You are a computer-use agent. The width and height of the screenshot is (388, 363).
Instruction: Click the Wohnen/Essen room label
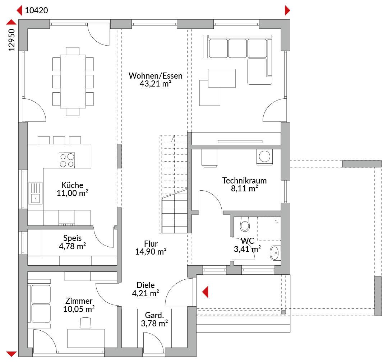coord(156,76)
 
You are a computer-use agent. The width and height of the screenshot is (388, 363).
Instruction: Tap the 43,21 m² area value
coord(156,84)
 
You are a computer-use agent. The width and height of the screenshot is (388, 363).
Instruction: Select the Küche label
coord(72,185)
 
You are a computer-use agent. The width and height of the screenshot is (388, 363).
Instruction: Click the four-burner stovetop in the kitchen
coord(67,160)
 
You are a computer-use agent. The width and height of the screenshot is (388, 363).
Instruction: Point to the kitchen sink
coord(35,193)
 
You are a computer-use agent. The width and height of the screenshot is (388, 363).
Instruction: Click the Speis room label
coord(72,238)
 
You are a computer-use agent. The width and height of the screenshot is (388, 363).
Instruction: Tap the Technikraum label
coord(244,181)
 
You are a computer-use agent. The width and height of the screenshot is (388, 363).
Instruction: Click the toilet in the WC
coord(245,224)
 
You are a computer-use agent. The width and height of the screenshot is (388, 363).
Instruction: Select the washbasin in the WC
coord(275,253)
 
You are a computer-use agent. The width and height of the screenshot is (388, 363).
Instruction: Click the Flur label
coord(151,244)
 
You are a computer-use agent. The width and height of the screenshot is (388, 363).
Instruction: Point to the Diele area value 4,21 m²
coord(145,293)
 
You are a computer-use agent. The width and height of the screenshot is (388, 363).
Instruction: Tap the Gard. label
coord(154,315)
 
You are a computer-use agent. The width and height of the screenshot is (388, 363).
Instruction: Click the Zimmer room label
coord(79,301)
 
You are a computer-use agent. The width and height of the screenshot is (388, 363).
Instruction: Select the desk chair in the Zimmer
coord(86,323)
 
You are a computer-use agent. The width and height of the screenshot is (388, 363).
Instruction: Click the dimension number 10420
coord(36,10)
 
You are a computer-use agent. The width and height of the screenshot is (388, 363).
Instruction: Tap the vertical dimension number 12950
coord(11,40)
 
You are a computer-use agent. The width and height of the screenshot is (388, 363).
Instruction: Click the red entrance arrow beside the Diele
coord(205,292)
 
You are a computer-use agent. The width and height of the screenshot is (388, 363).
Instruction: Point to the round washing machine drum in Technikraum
coord(264,156)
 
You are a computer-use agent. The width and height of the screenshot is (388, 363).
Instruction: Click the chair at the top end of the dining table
coord(73,51)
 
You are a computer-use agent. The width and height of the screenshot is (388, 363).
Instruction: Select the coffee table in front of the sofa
coord(222,78)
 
